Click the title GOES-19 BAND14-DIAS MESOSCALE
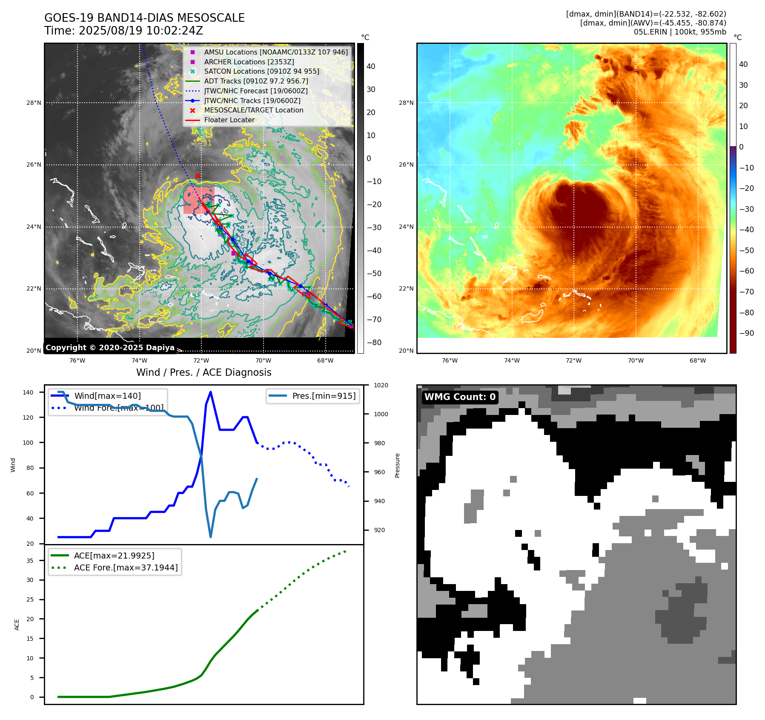coord(144,18)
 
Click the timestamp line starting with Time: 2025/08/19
coord(123,31)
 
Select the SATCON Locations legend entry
coord(261,71)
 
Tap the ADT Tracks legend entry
coord(256,81)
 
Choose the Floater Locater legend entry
coord(229,120)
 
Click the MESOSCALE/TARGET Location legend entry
coord(253,110)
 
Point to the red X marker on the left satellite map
coord(198,176)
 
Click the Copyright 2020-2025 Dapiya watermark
coord(110,348)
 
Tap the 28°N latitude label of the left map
coord(34,103)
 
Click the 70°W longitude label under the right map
coord(636,360)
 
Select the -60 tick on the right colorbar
coord(746,271)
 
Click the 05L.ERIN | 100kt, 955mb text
coord(680,32)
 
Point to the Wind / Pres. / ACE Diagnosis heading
coord(203,372)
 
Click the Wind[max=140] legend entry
coord(107,396)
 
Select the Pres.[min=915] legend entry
coord(324,396)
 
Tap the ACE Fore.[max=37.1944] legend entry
coord(126,567)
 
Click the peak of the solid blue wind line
coord(211,392)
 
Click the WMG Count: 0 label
coord(460,397)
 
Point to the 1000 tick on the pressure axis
coord(381,414)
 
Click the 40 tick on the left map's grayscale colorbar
coord(371,66)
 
